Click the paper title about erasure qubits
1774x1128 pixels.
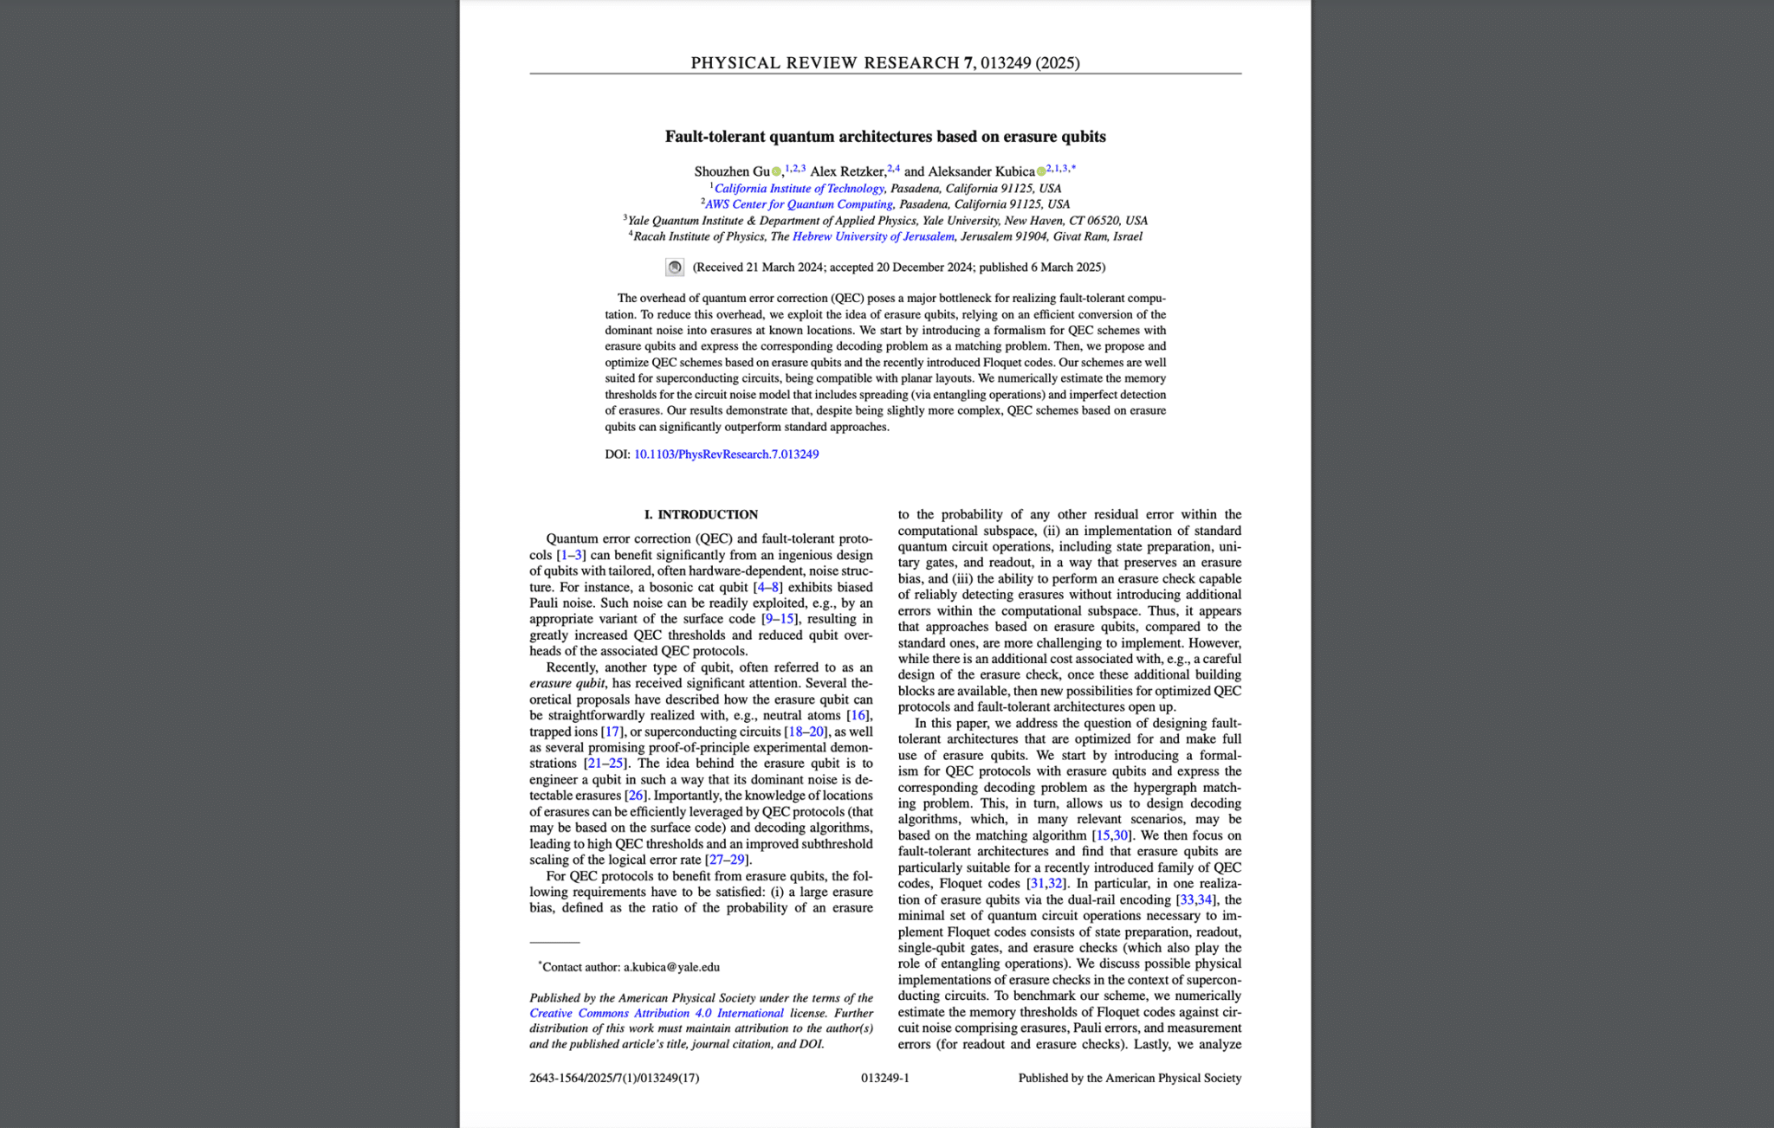coord(884,137)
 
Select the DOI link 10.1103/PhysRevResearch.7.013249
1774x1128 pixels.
coord(726,454)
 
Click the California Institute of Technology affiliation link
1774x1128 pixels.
coord(799,189)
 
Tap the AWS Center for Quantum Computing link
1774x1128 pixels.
coord(799,204)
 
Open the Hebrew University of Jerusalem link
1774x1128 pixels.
coord(873,236)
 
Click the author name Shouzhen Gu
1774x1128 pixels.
coord(731,171)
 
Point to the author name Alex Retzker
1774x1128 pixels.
coord(847,171)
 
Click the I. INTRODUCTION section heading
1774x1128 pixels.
coord(701,514)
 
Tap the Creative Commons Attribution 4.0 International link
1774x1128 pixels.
coord(657,1014)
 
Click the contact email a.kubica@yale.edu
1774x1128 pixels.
coord(671,967)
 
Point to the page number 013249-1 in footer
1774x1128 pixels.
coord(884,1078)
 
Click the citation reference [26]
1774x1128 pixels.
coord(635,796)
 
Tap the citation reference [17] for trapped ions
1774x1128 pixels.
coord(611,732)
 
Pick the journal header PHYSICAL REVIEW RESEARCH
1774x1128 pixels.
coord(825,62)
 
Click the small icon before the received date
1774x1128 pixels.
coord(675,267)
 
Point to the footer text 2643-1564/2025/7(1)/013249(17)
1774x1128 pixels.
coord(614,1078)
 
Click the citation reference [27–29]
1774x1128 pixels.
coord(726,860)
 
